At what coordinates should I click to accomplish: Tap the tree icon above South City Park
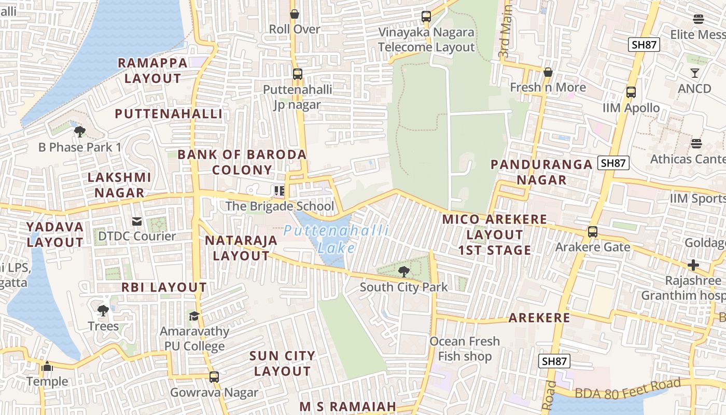403,271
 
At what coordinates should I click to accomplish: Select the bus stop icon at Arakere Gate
593,232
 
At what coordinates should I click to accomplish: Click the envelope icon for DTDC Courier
137,222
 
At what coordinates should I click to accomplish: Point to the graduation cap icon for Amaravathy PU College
194,316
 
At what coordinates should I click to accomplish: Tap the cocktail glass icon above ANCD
695,73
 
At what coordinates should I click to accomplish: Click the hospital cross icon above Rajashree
693,266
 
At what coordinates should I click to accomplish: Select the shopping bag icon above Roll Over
295,14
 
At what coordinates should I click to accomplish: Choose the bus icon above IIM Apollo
631,92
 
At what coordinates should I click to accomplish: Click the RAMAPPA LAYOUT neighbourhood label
153,71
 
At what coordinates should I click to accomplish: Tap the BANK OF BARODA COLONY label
242,162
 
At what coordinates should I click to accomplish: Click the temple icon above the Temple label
47,367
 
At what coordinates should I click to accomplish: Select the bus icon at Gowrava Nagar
214,377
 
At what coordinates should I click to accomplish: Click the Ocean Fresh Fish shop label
465,349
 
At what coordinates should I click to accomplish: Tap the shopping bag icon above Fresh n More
548,72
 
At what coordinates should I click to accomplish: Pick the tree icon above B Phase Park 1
80,132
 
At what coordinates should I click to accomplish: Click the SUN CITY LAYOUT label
282,363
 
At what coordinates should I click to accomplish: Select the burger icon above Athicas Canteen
696,144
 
